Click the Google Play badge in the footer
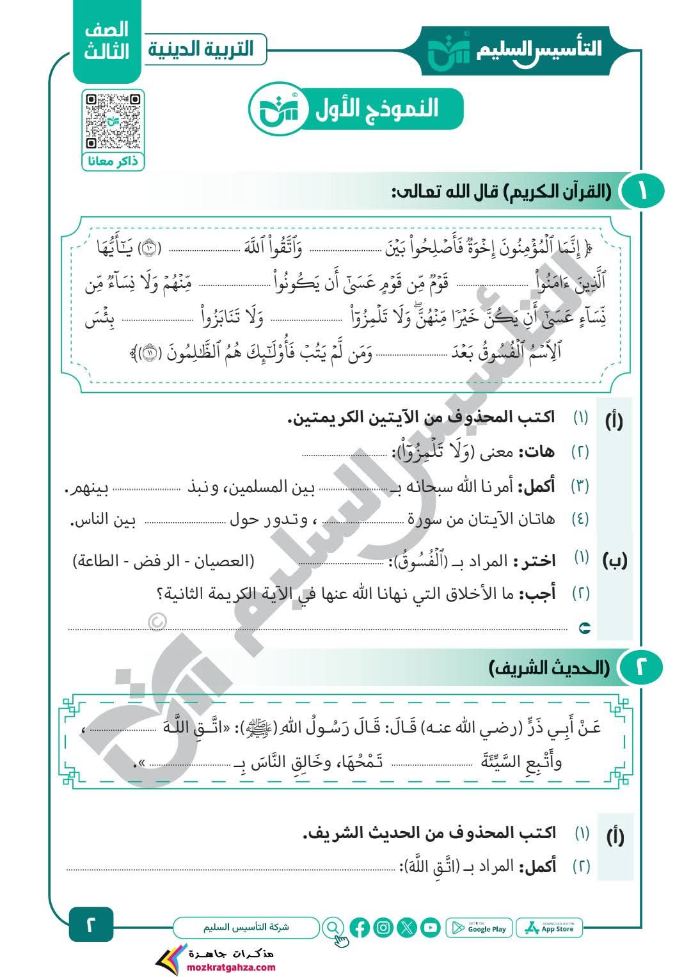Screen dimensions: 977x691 (480, 928)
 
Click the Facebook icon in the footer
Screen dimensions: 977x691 (360, 927)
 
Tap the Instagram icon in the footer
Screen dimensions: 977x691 (383, 927)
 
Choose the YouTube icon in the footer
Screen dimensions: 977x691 (430, 927)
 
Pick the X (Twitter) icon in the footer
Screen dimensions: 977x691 (407, 927)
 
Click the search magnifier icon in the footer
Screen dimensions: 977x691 (333, 927)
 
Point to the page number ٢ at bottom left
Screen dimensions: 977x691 (90, 925)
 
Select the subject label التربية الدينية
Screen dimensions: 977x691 (201, 50)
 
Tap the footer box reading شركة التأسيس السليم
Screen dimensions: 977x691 (246, 926)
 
